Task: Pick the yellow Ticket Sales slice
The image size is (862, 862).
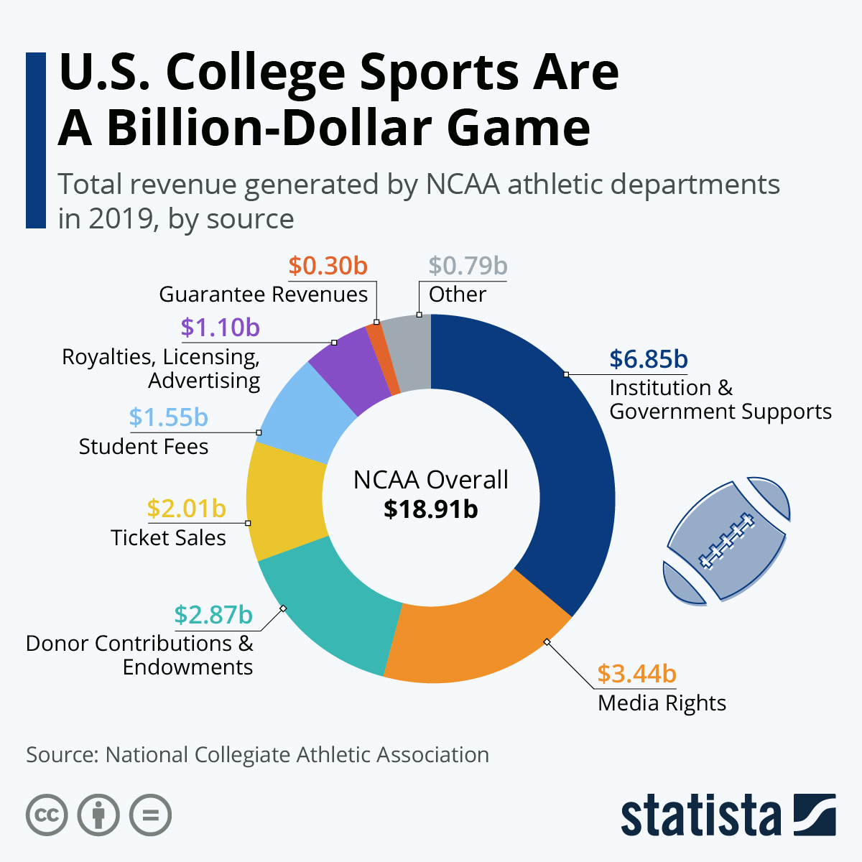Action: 284,503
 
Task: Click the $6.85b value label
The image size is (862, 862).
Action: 648,358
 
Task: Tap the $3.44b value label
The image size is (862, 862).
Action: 636,674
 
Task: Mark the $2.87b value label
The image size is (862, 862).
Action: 213,615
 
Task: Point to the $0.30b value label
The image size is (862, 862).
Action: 328,266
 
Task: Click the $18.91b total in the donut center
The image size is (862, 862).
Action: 430,509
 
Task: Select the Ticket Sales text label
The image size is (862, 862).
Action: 168,538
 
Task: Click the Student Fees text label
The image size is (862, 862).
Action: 144,447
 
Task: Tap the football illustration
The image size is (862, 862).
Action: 726,540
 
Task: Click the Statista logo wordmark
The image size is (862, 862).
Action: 700,817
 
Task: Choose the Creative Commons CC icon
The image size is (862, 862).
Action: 47,815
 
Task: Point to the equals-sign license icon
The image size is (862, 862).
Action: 150,815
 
